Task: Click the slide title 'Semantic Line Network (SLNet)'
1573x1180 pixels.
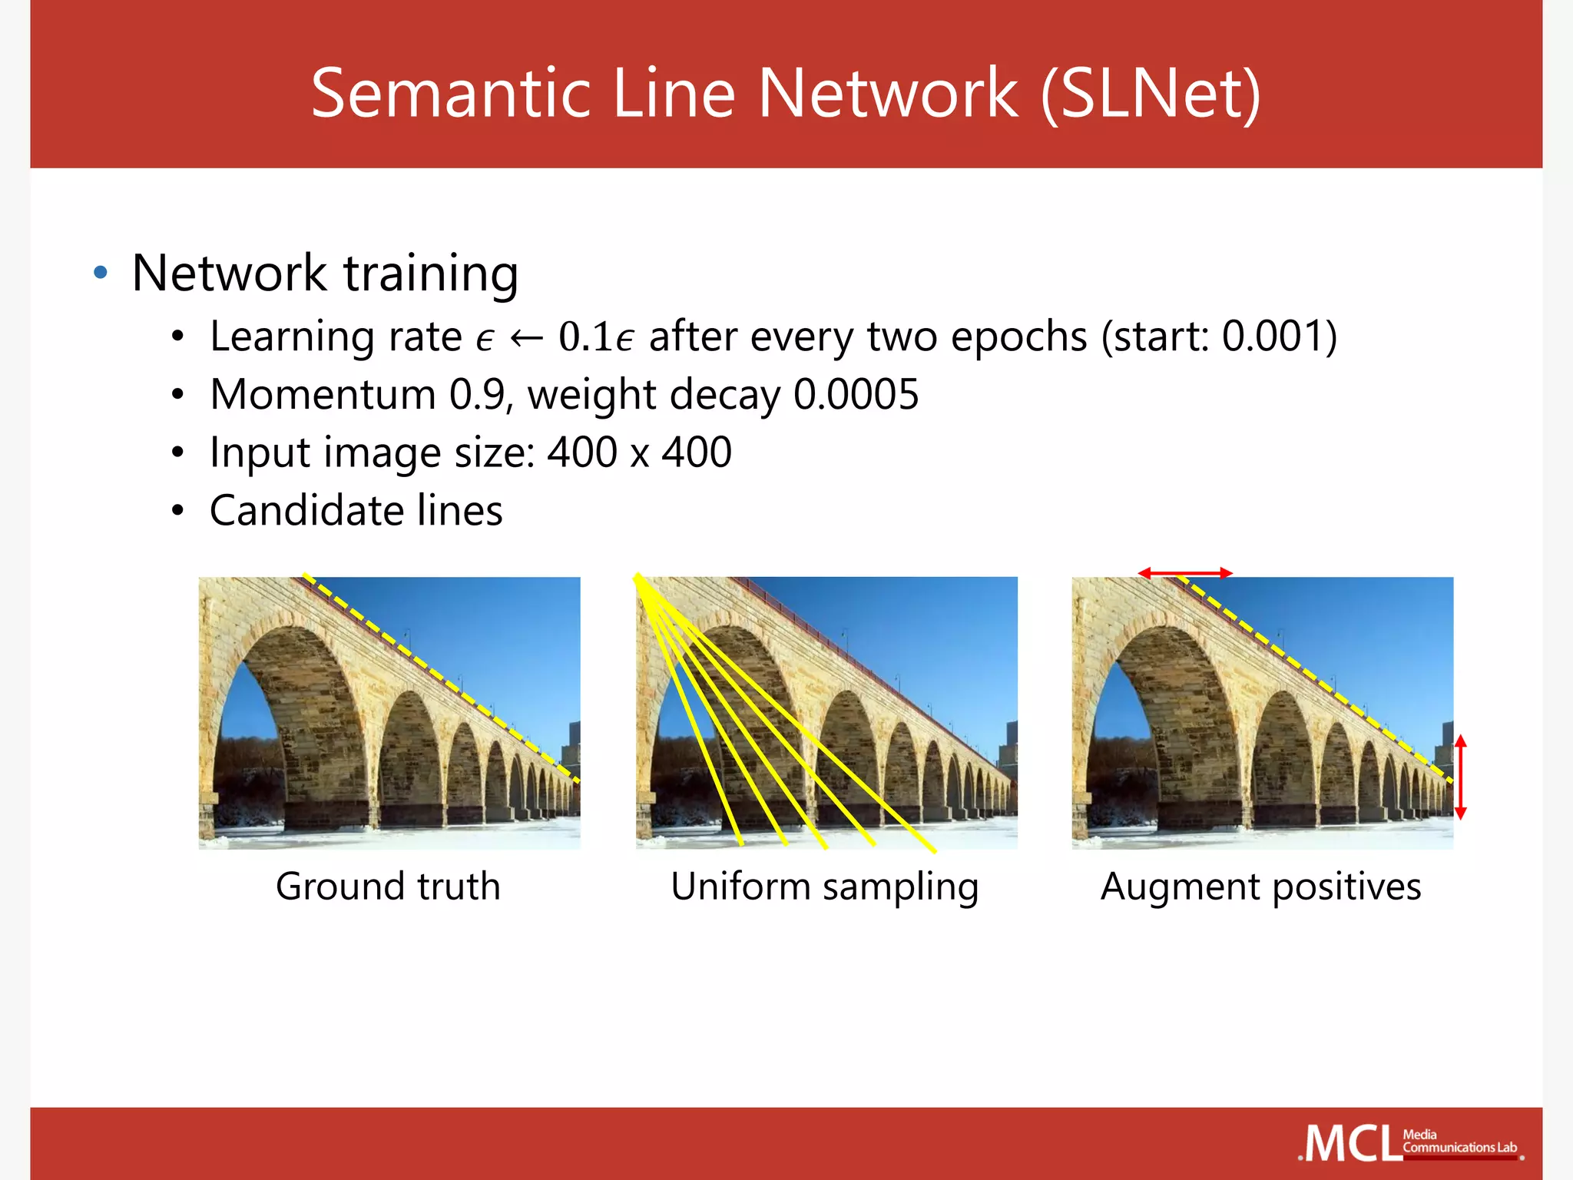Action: point(786,93)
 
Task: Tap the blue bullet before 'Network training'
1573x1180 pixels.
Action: point(100,273)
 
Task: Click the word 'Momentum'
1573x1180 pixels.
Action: point(323,395)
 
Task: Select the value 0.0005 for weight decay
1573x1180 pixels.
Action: point(856,395)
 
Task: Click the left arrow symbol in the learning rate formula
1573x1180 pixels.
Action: point(527,338)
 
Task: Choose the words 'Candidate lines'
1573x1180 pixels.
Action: point(356,511)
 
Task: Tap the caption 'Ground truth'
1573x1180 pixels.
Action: point(388,887)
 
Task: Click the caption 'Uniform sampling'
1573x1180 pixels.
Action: point(825,887)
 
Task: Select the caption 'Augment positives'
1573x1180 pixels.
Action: point(1260,887)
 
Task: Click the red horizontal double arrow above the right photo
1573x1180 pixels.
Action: point(1185,573)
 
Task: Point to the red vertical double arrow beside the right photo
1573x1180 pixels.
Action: point(1461,777)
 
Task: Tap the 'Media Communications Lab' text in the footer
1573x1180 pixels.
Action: point(1459,1142)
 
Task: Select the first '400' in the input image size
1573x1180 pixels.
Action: point(581,452)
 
